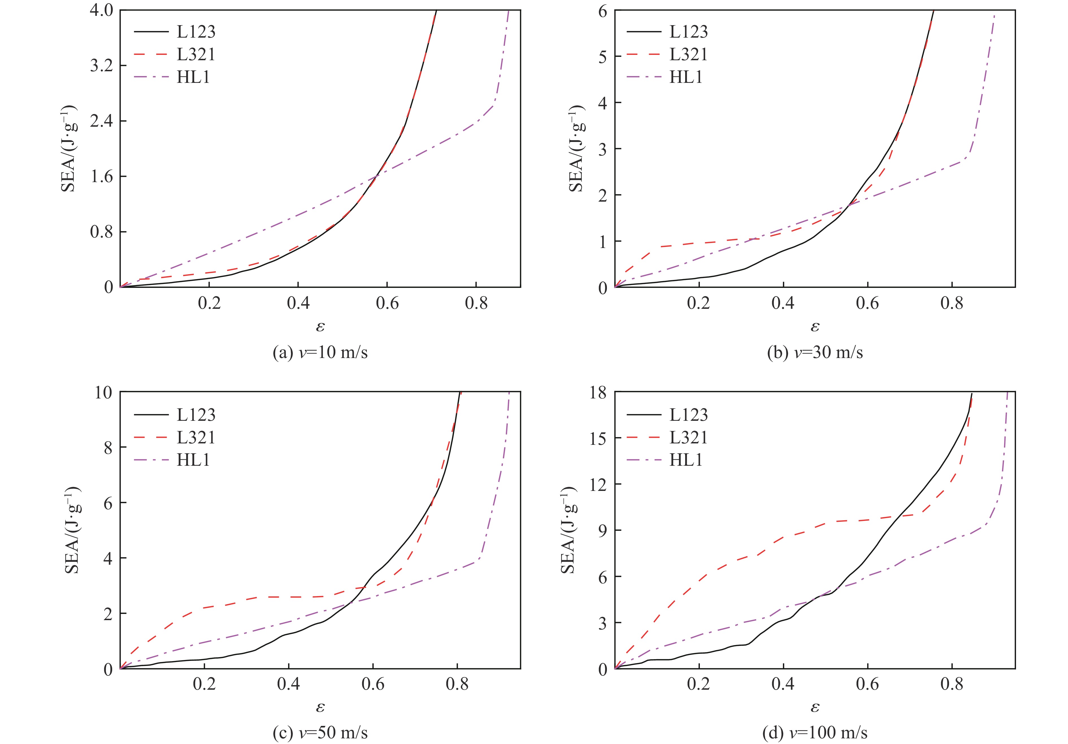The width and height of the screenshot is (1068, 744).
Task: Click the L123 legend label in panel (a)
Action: click(x=196, y=32)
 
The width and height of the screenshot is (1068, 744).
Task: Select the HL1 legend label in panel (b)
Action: click(x=686, y=77)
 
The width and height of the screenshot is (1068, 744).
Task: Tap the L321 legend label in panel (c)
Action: click(x=196, y=437)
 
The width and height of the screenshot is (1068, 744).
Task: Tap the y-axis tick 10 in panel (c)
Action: click(x=103, y=393)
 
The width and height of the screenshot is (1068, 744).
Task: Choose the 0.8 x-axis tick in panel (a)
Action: click(x=476, y=303)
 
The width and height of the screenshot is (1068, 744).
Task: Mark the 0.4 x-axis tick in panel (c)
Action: click(x=288, y=684)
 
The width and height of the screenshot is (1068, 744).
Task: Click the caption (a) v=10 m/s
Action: click(x=320, y=352)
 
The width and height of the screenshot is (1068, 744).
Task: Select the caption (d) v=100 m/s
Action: click(x=815, y=733)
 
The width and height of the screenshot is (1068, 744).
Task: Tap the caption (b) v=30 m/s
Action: click(x=815, y=352)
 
